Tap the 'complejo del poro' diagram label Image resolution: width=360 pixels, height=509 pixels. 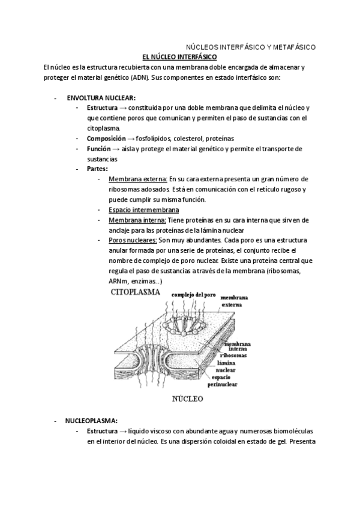[193, 295]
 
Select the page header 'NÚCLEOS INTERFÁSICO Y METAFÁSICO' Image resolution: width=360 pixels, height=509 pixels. [250, 46]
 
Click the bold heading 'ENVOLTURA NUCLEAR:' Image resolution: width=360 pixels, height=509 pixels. [101, 97]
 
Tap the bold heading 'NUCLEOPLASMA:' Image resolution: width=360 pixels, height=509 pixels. [91, 421]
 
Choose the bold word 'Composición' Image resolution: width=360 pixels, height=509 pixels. [106, 138]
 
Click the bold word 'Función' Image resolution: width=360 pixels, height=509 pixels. [100, 148]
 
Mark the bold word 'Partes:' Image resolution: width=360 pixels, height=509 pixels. [97, 169]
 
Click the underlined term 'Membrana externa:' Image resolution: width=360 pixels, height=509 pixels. [138, 179]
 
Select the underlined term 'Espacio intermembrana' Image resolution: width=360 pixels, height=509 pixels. [143, 209]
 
